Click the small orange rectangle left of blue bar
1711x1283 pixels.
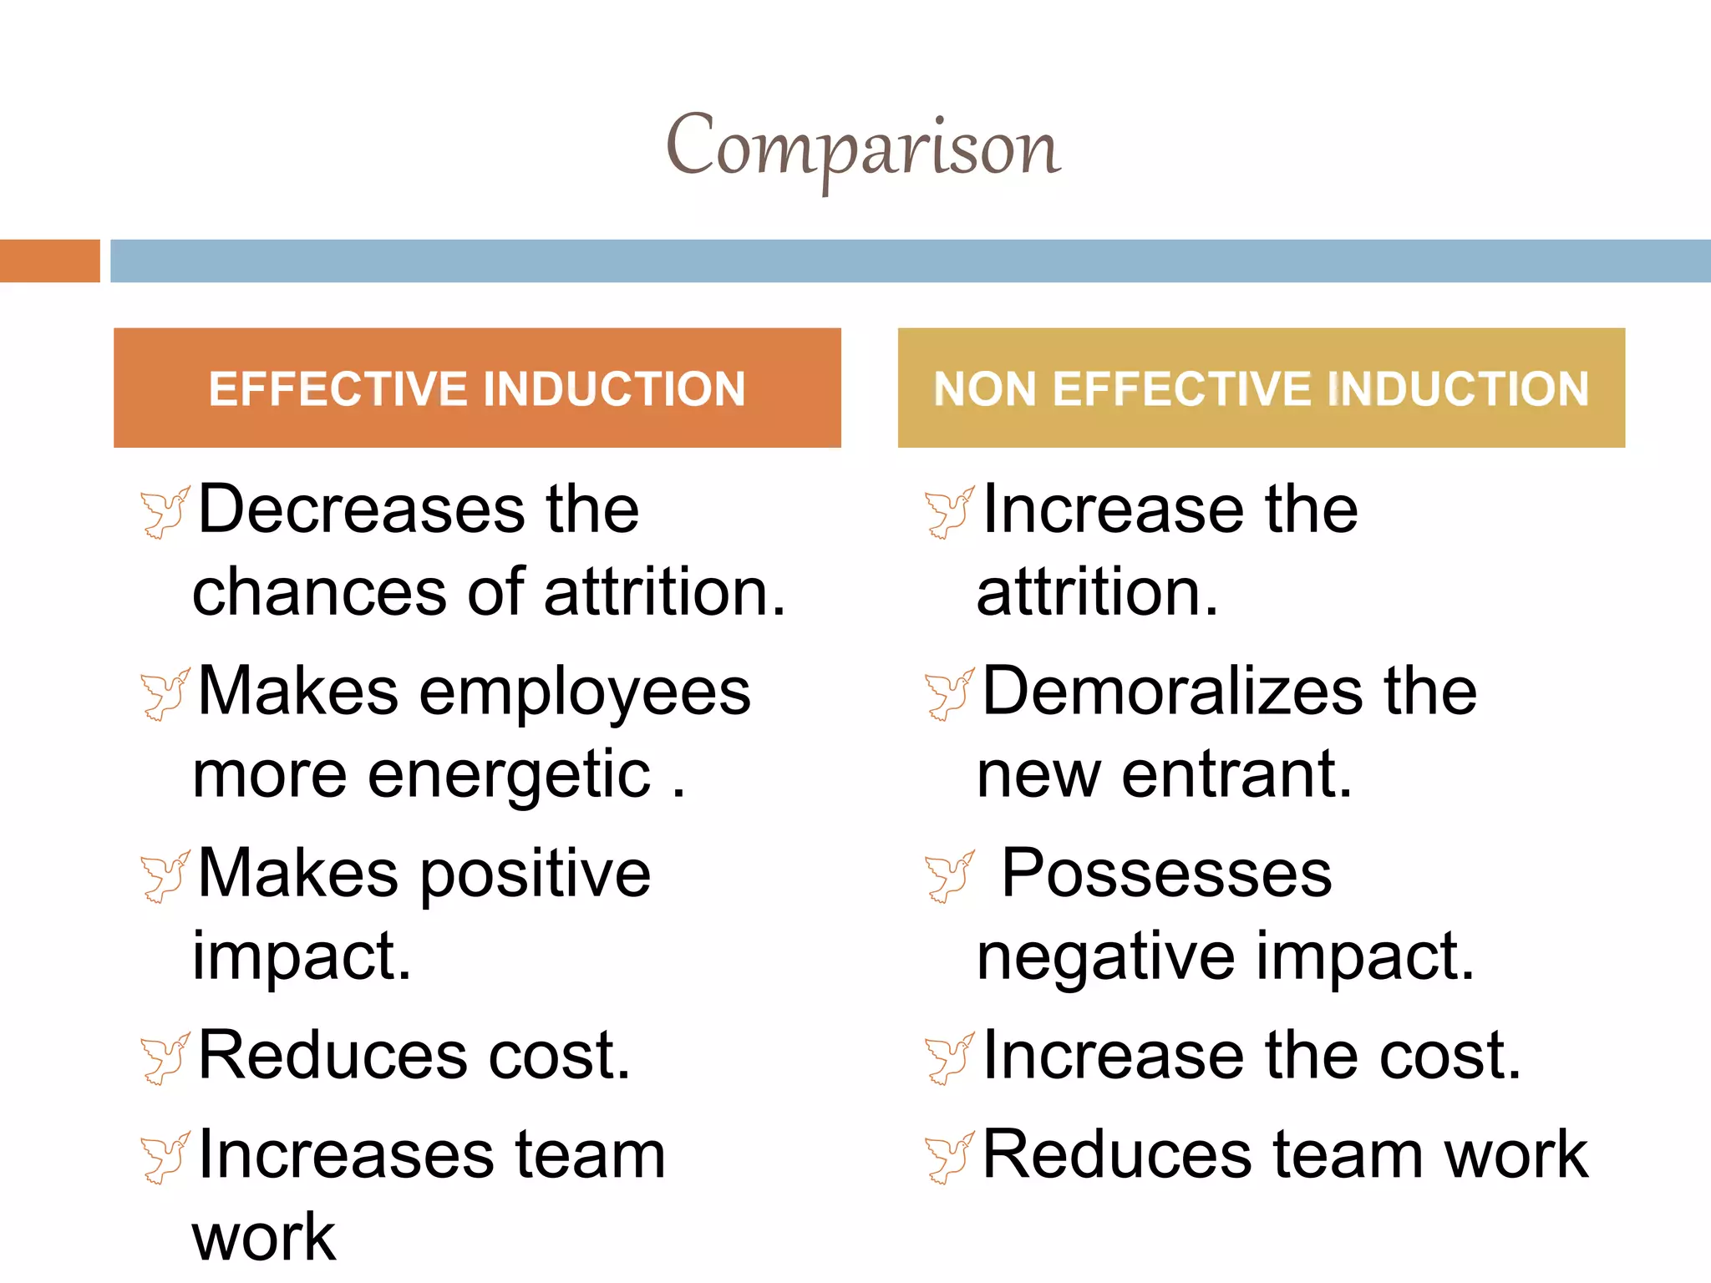tap(49, 261)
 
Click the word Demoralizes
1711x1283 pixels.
tap(1173, 692)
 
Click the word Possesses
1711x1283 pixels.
tap(1166, 874)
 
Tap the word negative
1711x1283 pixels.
tap(1105, 957)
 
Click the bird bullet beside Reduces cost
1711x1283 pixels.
tap(165, 1059)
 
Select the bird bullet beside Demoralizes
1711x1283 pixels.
tap(949, 694)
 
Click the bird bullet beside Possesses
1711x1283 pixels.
tap(949, 876)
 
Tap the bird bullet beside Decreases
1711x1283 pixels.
tap(165, 512)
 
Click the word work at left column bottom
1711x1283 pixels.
tap(264, 1238)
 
